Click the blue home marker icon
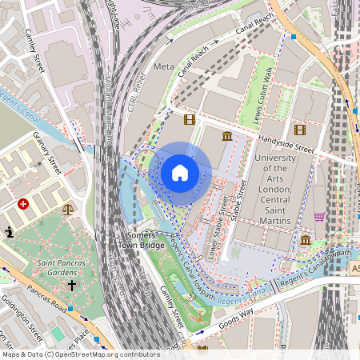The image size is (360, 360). click(180, 173)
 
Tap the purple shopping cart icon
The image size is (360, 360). click(319, 216)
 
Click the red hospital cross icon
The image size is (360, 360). click(23, 204)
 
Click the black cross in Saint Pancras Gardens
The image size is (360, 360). click(71, 284)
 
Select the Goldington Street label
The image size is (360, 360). click(23, 324)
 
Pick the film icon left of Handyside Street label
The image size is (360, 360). click(189, 120)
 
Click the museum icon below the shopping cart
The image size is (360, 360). click(305, 240)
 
